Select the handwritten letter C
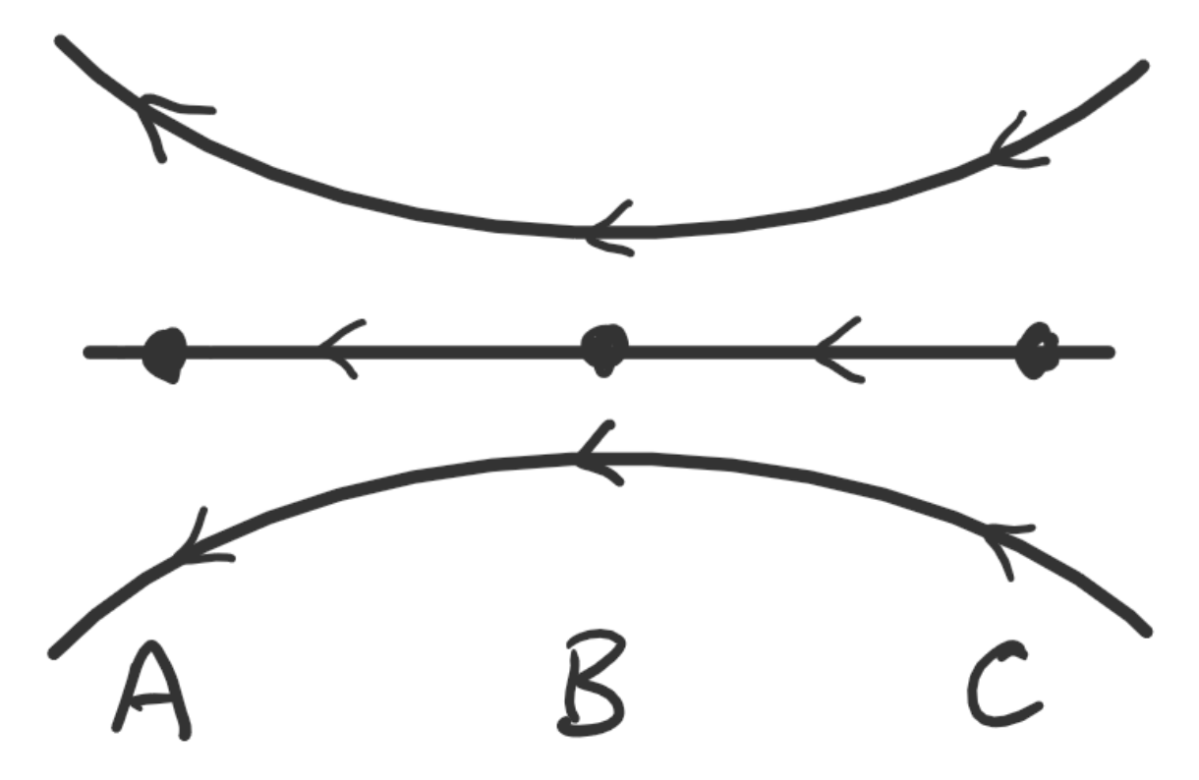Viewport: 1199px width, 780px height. [1001, 687]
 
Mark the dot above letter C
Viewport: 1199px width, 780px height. [1036, 352]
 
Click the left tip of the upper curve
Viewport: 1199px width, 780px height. [62, 41]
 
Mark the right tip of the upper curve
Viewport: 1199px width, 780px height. [1142, 66]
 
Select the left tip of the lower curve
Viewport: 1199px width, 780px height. [55, 652]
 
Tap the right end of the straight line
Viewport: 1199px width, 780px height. [1110, 351]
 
